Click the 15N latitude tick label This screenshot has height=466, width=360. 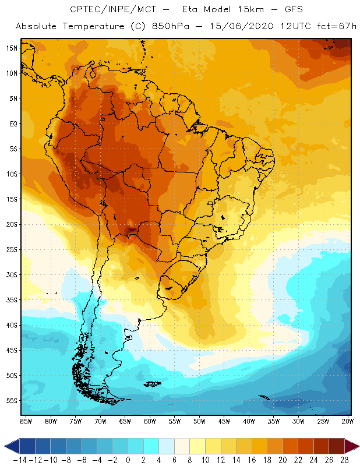(11, 48)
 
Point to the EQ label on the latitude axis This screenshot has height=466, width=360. (12, 123)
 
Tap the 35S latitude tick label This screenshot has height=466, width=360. (11, 300)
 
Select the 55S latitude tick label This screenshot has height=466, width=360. (11, 401)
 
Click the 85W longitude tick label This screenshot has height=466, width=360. (26, 421)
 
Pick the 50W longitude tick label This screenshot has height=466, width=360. (199, 421)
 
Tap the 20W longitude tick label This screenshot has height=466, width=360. (348, 421)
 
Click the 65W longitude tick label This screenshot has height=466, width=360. (125, 421)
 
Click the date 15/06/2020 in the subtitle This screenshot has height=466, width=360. (246, 27)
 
